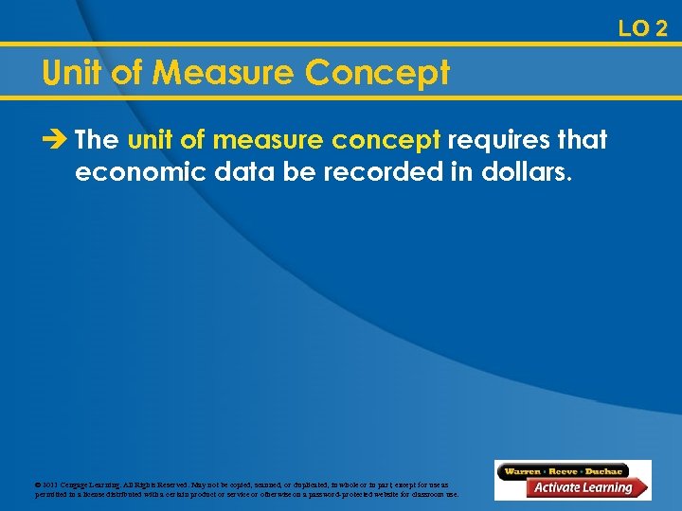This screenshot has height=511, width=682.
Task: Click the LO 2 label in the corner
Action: click(x=642, y=28)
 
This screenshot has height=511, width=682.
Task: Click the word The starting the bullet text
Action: click(x=97, y=140)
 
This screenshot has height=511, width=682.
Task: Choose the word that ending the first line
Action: click(x=581, y=140)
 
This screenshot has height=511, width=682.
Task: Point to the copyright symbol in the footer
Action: click(x=37, y=484)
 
